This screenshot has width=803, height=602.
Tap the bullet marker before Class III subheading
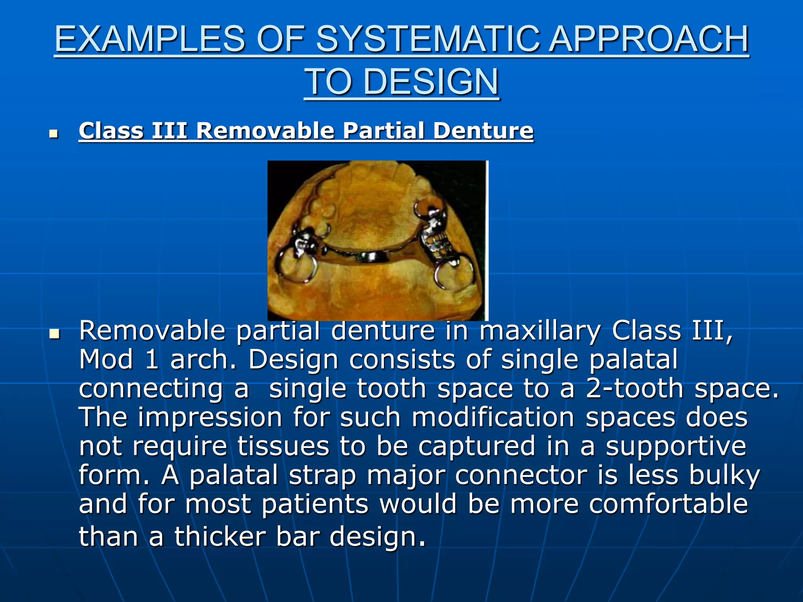54,134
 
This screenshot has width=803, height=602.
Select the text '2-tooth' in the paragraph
635,388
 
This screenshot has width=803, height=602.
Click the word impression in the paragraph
210,417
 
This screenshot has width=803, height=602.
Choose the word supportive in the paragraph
676,446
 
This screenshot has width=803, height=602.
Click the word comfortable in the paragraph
668,504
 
